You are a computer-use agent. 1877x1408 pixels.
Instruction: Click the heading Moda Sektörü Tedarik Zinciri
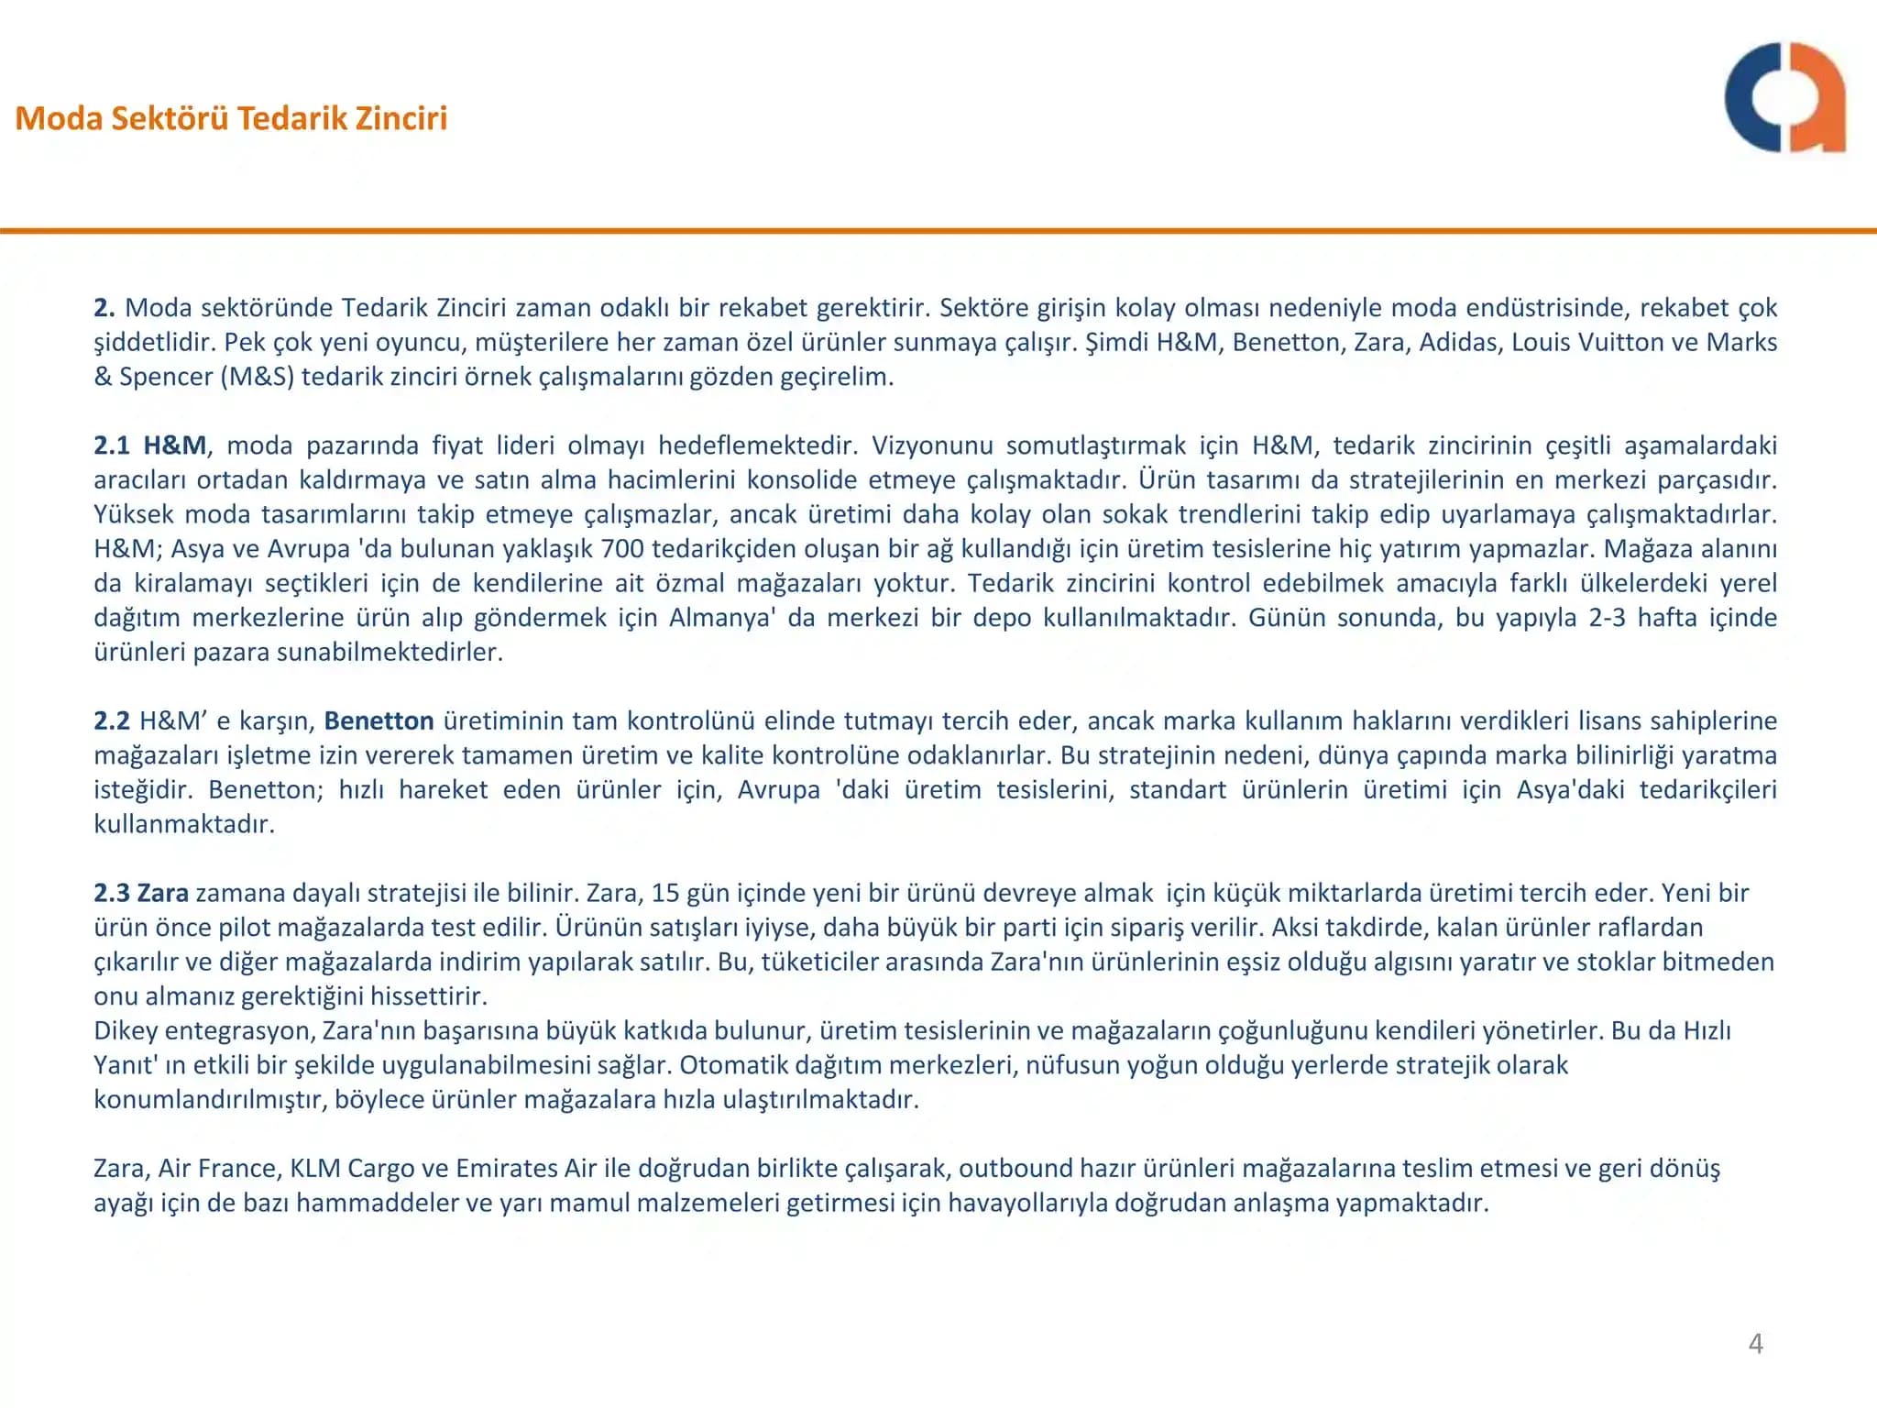(231, 118)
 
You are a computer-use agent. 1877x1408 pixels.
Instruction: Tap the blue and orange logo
(1784, 97)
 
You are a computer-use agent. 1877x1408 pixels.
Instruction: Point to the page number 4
(1755, 1343)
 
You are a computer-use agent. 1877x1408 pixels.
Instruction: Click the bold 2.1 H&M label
(150, 445)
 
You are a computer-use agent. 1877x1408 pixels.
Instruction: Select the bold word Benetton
(379, 720)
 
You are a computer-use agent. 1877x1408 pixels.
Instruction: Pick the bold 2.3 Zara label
(141, 893)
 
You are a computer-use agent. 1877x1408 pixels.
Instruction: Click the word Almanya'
(722, 618)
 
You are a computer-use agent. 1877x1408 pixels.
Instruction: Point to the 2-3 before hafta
(1607, 618)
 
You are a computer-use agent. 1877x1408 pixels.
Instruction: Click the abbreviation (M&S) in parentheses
(257, 377)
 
